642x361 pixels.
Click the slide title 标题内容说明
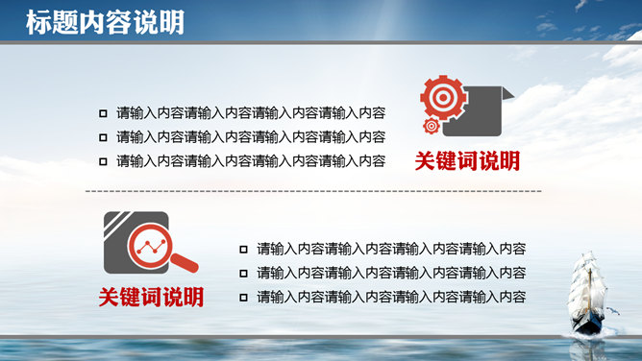pos(93,22)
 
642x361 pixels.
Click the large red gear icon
pos(442,97)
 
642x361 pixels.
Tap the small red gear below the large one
pos(432,126)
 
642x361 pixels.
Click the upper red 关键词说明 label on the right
pos(467,160)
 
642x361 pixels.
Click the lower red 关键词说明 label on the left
pos(151,297)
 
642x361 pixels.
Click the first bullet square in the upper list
pos(104,111)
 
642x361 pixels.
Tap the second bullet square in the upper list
pos(104,136)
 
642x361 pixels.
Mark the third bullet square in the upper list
pos(104,161)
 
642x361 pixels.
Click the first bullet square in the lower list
pos(244,248)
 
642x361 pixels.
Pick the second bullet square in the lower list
pos(244,273)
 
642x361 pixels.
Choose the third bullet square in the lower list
pos(244,298)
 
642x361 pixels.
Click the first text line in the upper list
pos(251,111)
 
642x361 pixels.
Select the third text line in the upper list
pos(251,161)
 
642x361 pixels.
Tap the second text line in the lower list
pos(391,273)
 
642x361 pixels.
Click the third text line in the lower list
pos(391,298)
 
